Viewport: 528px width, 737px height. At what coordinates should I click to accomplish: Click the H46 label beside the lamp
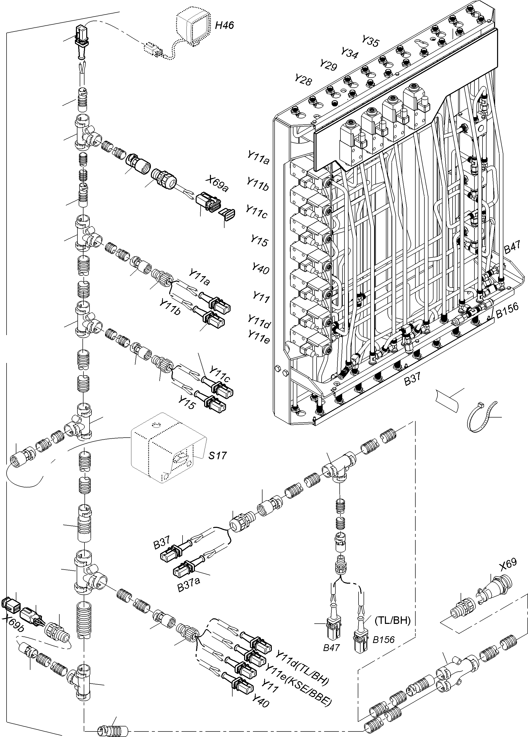[224, 25]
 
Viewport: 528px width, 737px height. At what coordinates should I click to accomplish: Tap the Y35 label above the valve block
[370, 41]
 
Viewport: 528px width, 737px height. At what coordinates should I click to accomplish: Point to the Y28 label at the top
[303, 80]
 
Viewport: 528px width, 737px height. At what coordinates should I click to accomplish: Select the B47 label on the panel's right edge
[512, 249]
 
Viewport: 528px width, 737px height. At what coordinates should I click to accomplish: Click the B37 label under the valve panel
[413, 379]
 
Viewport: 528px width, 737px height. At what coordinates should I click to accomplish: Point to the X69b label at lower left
[13, 622]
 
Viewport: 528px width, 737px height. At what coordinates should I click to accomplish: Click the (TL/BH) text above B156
[393, 621]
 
